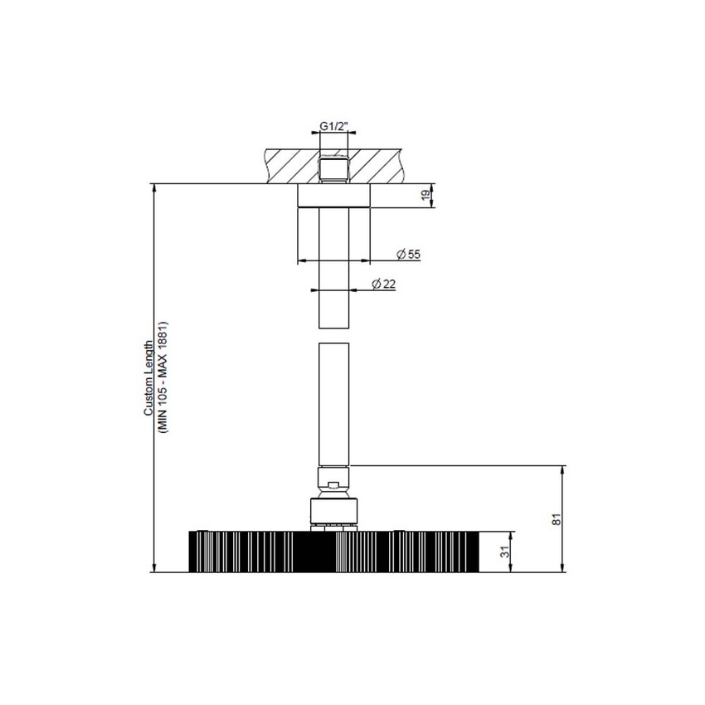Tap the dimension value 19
(424, 196)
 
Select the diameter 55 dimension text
(409, 253)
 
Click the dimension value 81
(557, 518)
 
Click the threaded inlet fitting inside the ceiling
(333, 169)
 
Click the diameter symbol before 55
(400, 253)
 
